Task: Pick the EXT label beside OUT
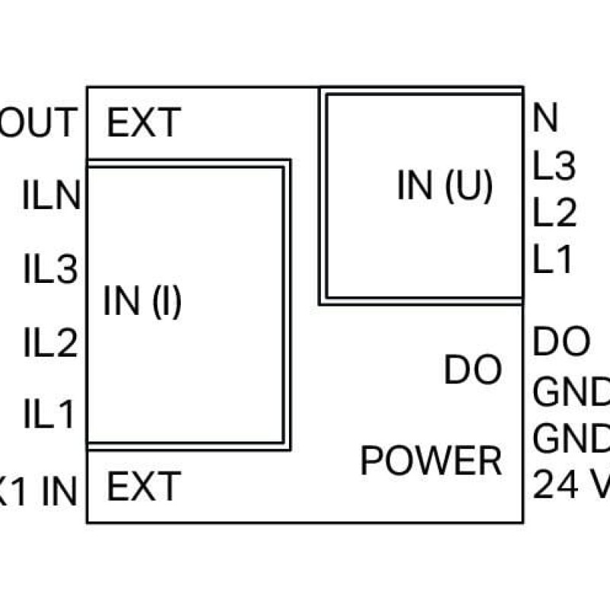point(144,123)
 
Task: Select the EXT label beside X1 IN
point(144,486)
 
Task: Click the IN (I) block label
point(143,303)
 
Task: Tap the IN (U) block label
point(445,185)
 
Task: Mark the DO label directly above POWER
point(473,371)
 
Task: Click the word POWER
point(431,461)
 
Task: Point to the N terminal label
point(546,118)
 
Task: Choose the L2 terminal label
point(554,214)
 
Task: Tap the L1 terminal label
point(553,262)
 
